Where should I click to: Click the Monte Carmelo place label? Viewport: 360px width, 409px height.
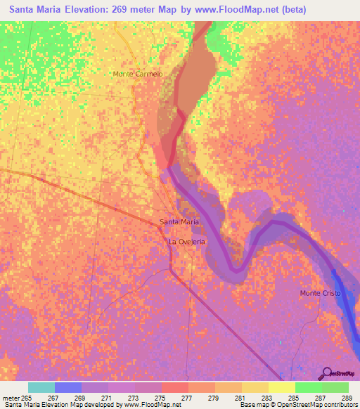[x=138, y=74]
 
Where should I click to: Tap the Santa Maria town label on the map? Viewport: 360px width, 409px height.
[x=179, y=222]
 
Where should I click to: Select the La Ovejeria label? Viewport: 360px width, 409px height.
[x=186, y=242]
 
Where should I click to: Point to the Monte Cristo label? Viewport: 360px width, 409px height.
[x=320, y=293]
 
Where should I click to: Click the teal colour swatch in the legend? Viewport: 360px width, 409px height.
[x=41, y=387]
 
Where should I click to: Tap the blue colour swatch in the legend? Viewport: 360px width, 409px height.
[x=68, y=387]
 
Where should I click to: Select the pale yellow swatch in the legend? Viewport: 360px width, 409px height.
[x=282, y=387]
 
